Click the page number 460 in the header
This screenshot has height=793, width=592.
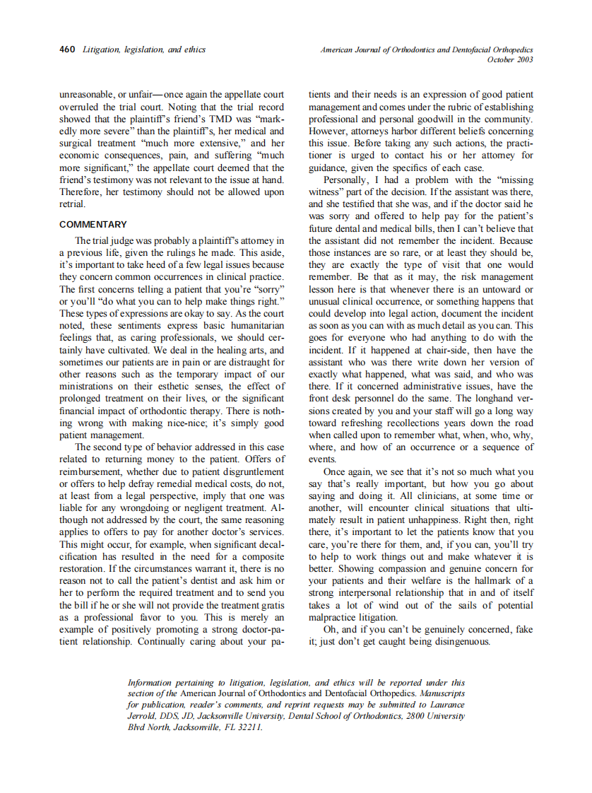click(67, 49)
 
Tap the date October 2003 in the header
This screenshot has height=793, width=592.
click(510, 59)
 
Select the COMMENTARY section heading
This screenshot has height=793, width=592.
click(93, 224)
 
